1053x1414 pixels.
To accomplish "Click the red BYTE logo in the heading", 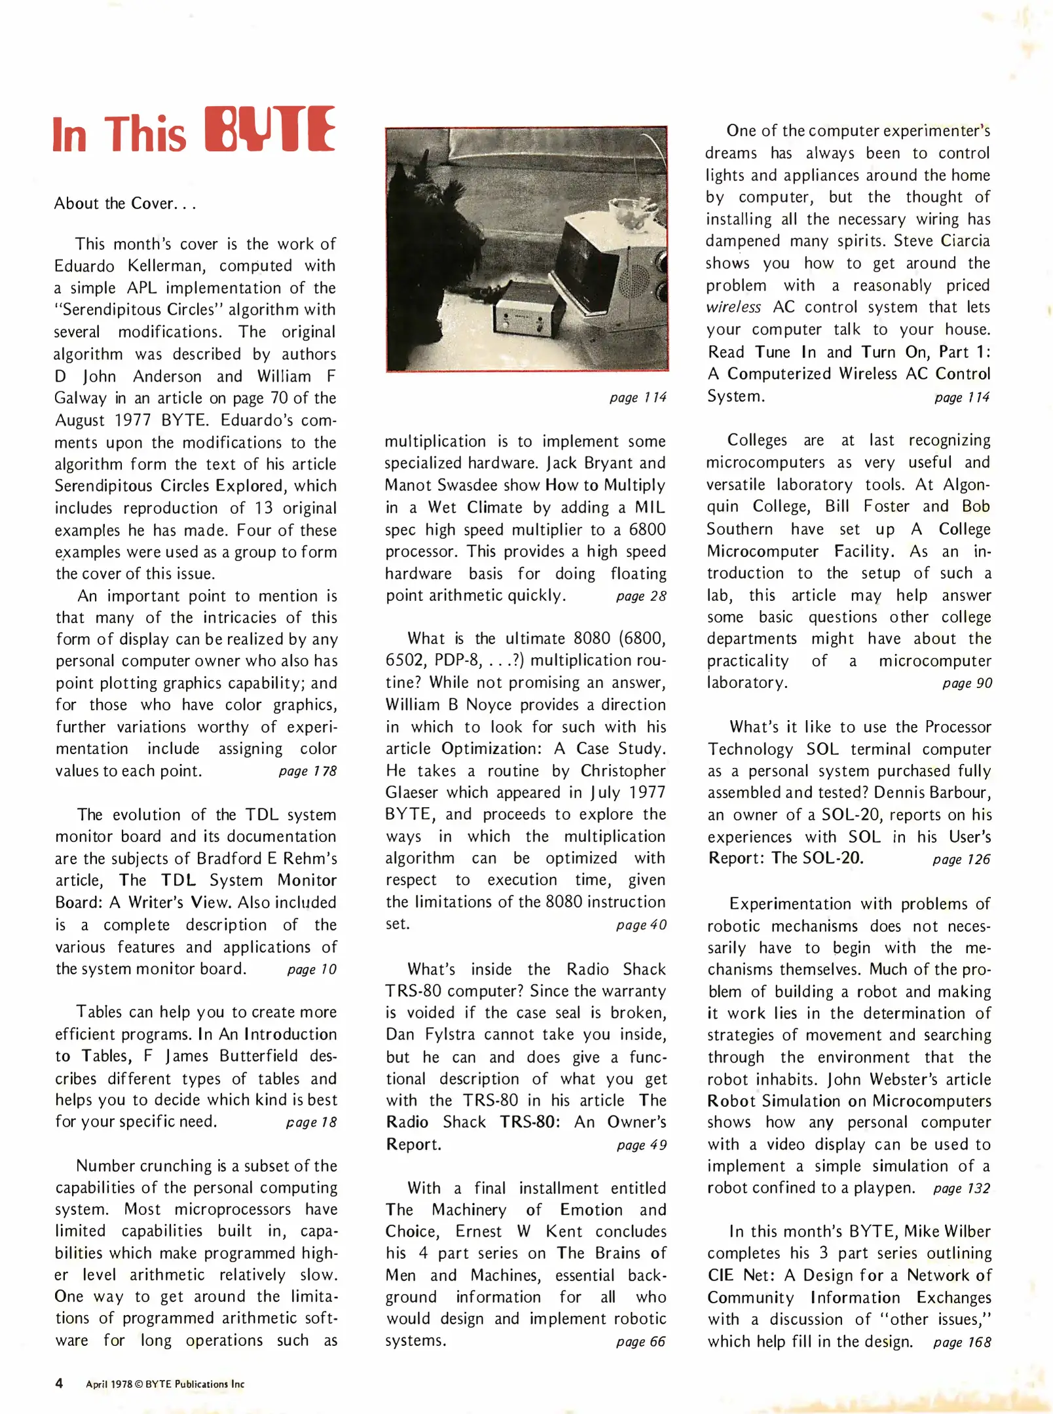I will coord(270,129).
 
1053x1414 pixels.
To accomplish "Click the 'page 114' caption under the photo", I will coord(638,397).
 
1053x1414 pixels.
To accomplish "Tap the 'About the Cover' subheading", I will coord(124,204).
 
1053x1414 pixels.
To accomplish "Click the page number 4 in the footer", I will coord(59,1383).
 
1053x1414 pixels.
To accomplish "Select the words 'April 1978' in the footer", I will coord(109,1384).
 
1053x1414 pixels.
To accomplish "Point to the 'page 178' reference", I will coord(307,771).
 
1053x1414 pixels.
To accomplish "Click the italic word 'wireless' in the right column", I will coord(733,307).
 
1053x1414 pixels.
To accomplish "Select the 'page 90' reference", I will coord(967,683).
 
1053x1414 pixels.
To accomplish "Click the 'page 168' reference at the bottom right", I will coord(961,1341).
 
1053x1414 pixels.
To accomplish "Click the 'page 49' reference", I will coord(641,1145).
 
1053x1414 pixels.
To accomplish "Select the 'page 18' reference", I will coord(311,1122).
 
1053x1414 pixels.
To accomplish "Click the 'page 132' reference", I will coord(961,1188).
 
